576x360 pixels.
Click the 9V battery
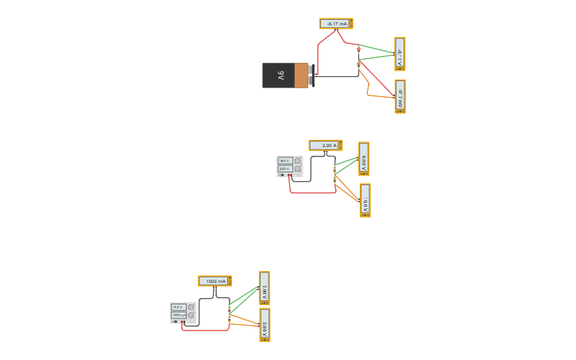click(x=284, y=75)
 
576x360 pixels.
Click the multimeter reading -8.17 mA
click(x=336, y=24)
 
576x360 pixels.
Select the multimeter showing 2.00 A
click(x=325, y=145)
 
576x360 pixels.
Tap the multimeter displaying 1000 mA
click(x=215, y=281)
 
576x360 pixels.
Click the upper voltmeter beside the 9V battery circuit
click(x=400, y=54)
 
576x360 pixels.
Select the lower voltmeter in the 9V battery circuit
click(x=400, y=96)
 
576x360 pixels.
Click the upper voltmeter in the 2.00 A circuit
click(x=364, y=159)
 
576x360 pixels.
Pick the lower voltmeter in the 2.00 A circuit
click(x=365, y=200)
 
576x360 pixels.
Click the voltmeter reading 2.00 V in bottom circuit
click(x=265, y=288)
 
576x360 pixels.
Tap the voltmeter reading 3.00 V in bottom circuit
click(x=265, y=325)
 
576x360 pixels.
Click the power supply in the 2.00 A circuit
click(x=289, y=166)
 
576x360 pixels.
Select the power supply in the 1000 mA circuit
click(x=183, y=312)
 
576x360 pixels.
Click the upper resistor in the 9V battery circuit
click(x=358, y=51)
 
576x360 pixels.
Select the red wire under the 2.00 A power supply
click(x=312, y=192)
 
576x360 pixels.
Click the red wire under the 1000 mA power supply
click(x=205, y=330)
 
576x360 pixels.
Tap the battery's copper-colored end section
click(x=301, y=75)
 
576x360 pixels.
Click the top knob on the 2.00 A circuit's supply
click(x=298, y=161)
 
